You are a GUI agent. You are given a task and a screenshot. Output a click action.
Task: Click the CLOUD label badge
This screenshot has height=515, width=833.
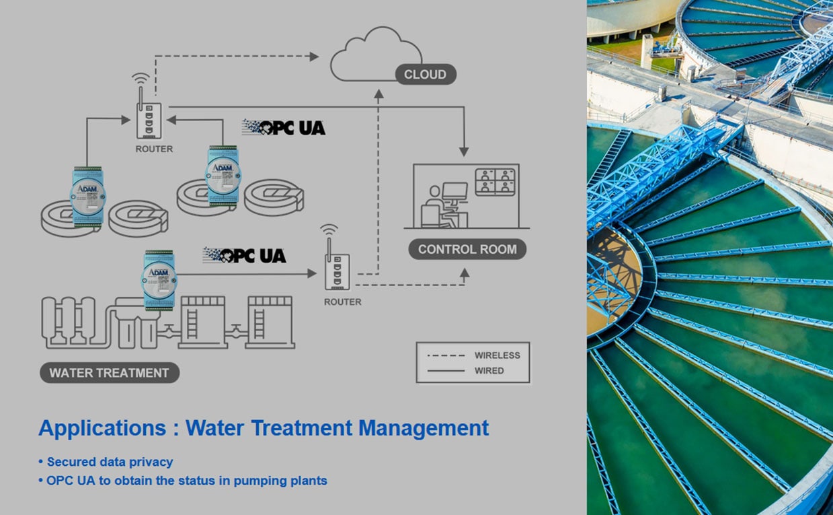[x=425, y=74]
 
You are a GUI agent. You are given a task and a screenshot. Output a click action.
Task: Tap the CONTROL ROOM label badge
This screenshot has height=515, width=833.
[x=467, y=249]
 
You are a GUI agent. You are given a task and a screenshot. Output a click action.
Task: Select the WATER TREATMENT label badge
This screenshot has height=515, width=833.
[x=109, y=373]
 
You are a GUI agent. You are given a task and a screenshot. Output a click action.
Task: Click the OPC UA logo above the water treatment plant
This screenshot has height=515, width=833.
[x=245, y=255]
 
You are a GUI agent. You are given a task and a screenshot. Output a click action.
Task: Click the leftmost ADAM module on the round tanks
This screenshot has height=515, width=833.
[x=87, y=196]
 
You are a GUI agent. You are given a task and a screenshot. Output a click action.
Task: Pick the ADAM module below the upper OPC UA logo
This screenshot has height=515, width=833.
[x=222, y=175]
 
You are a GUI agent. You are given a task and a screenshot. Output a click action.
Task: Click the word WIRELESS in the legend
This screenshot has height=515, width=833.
[x=497, y=355]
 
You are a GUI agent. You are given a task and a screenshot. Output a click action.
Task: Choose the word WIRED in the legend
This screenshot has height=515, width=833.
[x=489, y=371]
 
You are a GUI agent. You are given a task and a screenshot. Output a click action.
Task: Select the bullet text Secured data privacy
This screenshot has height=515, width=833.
[x=110, y=462]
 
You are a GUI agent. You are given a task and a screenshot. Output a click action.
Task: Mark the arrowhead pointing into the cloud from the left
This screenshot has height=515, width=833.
[x=314, y=57]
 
